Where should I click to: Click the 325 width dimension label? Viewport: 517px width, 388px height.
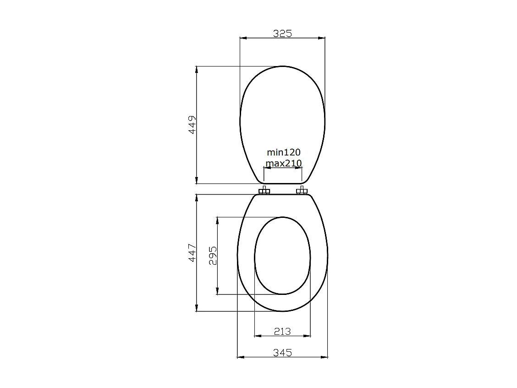(282, 33)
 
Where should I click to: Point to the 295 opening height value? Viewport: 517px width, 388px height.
(213, 255)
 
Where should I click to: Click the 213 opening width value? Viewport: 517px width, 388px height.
(282, 331)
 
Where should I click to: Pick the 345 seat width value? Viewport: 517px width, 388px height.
(282, 352)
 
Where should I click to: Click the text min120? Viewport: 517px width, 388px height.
(284, 152)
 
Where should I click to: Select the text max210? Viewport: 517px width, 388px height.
(284, 163)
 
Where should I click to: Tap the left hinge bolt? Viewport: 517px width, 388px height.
(264, 190)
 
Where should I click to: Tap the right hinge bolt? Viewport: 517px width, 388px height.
(301, 190)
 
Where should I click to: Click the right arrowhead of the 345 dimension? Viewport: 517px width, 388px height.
(325, 357)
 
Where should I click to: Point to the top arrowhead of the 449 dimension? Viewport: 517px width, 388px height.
(197, 69)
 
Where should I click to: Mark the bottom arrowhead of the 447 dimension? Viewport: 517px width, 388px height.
(197, 309)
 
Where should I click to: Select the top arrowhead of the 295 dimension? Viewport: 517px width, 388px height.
(217, 220)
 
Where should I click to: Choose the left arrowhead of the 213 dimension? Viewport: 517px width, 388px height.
(257, 336)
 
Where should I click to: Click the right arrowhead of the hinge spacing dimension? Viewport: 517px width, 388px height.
(300, 168)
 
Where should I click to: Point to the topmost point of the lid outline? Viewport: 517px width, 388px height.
(282, 66)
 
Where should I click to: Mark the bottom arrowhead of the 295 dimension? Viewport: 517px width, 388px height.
(217, 291)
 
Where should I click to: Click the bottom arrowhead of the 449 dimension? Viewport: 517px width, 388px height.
(197, 181)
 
